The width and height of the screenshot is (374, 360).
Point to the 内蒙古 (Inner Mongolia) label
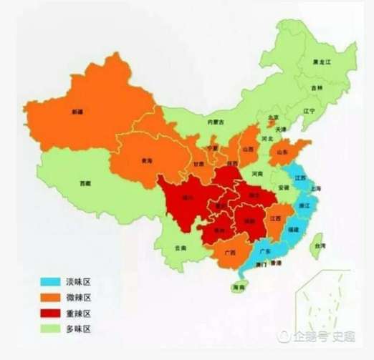215,122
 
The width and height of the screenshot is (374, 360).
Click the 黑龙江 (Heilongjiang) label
322,63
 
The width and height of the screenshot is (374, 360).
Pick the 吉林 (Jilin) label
317,87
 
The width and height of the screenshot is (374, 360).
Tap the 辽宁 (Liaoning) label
309,111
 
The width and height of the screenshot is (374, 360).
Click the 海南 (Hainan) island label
237,287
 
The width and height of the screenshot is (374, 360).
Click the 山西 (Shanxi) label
249,150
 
